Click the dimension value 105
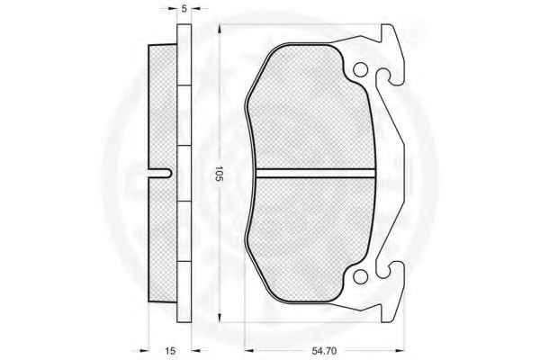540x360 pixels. click(220, 174)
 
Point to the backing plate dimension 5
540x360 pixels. click(184, 9)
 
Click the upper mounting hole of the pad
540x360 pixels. click(360, 70)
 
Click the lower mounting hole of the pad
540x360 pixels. click(360, 276)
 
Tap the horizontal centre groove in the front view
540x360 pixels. click(316, 174)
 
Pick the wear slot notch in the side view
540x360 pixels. click(160, 174)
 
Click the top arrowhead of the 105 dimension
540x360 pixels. click(220, 29)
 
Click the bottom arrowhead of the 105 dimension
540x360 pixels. click(220, 318)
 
